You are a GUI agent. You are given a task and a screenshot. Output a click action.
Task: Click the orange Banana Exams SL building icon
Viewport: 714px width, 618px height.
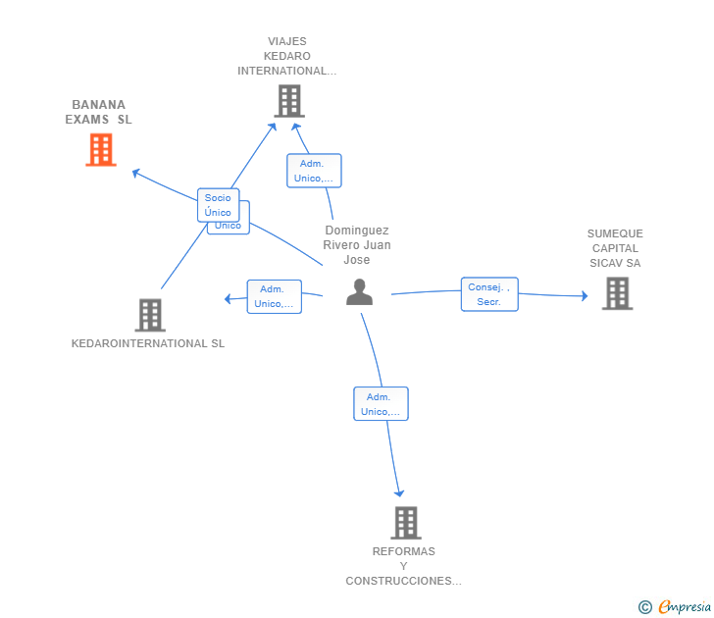coord(100,150)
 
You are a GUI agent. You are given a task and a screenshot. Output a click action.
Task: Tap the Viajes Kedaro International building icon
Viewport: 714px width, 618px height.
coord(288,101)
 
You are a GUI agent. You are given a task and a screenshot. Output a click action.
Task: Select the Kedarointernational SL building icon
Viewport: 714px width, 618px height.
coord(149,315)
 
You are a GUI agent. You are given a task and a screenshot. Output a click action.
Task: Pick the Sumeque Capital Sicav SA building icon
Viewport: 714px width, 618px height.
coord(616,293)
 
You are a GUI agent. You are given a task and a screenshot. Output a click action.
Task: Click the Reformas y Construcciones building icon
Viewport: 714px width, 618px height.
coord(405,523)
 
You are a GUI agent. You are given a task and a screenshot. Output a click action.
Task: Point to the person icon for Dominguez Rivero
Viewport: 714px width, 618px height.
coord(359,292)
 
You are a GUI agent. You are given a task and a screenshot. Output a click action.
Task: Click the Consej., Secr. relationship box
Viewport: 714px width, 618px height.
coord(489,294)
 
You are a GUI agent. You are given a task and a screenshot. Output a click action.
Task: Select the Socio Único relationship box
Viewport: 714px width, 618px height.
coord(218,205)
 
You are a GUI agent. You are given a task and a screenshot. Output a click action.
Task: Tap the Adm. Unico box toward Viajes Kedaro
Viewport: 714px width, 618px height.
coord(314,171)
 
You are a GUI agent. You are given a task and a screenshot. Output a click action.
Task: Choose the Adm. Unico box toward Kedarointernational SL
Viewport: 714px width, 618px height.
coord(274,296)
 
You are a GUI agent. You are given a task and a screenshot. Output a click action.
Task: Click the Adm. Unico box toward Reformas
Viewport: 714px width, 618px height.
coord(381,404)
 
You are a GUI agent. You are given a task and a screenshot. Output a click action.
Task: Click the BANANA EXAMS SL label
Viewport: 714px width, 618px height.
coord(98,112)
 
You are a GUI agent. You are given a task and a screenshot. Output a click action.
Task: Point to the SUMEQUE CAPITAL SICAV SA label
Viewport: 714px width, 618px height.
coord(615,248)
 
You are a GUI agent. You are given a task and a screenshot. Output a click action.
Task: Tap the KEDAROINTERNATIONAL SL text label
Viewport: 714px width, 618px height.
coord(148,344)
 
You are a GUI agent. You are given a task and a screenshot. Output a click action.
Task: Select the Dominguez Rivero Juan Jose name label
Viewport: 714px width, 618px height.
coord(357,245)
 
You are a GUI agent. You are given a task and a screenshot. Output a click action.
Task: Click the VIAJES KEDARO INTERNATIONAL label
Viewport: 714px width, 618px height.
coord(286,56)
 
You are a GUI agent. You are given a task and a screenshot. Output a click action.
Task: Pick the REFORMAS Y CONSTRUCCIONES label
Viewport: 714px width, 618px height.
coord(403,566)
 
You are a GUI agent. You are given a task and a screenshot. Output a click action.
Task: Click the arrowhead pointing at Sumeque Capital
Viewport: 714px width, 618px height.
coord(584,296)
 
